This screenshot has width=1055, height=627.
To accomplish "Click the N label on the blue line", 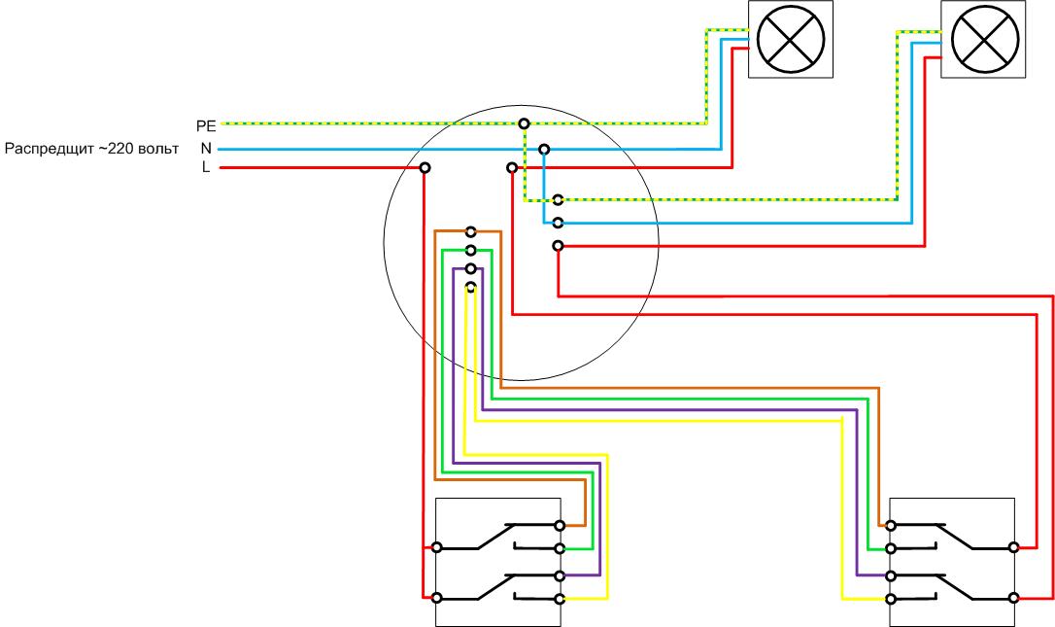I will [206, 149].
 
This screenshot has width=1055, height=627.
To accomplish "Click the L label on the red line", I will [206, 168].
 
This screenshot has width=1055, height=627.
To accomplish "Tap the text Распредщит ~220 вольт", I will [92, 149].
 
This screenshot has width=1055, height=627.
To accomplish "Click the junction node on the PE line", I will [525, 123].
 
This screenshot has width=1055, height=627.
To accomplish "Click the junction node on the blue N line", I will [544, 150].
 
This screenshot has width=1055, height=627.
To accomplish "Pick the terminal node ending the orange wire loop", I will [470, 231].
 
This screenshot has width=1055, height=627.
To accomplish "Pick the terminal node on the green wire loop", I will [470, 250].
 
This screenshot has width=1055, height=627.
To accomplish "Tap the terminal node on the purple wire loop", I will [470, 268].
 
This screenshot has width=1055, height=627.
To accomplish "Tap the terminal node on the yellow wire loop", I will [470, 287].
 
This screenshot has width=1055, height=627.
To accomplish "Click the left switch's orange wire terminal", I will [560, 526].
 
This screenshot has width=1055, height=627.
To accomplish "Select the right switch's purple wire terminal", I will [891, 575].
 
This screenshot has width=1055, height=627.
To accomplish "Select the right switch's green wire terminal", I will [891, 548].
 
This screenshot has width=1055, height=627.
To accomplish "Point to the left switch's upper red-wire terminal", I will [436, 548].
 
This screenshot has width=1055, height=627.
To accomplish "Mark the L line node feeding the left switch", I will [425, 168].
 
